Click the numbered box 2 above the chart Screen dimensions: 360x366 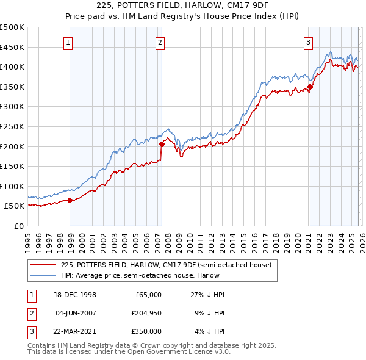click(x=159, y=42)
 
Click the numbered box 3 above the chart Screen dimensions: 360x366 click(x=309, y=42)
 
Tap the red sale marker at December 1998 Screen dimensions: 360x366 click(x=70, y=200)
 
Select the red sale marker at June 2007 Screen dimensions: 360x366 click(x=162, y=145)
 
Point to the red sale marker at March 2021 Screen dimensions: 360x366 click(x=310, y=87)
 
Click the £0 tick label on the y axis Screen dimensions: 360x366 click(x=18, y=226)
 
